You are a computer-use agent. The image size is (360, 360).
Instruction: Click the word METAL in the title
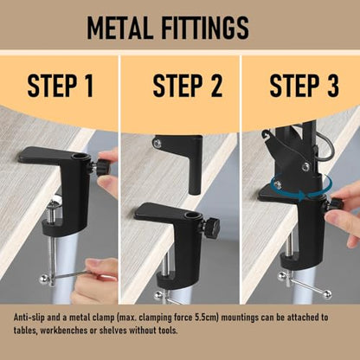coord(120,28)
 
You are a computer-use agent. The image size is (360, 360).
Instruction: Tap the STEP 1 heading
coord(61,86)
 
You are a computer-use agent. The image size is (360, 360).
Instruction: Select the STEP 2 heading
coord(188,86)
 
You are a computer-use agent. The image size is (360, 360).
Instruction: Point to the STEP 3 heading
coord(305,86)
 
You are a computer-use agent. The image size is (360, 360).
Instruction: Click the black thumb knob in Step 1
coord(102,168)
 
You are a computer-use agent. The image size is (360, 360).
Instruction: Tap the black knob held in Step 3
coord(335,204)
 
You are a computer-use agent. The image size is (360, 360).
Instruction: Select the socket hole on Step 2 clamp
coord(190,215)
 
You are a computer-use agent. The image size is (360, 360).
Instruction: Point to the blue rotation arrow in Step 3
coord(301,187)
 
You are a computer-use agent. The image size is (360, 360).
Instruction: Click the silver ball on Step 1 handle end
coord(44,279)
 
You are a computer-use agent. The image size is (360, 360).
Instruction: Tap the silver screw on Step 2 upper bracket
coord(157,143)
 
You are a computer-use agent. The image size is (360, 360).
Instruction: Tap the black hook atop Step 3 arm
coord(266,133)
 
